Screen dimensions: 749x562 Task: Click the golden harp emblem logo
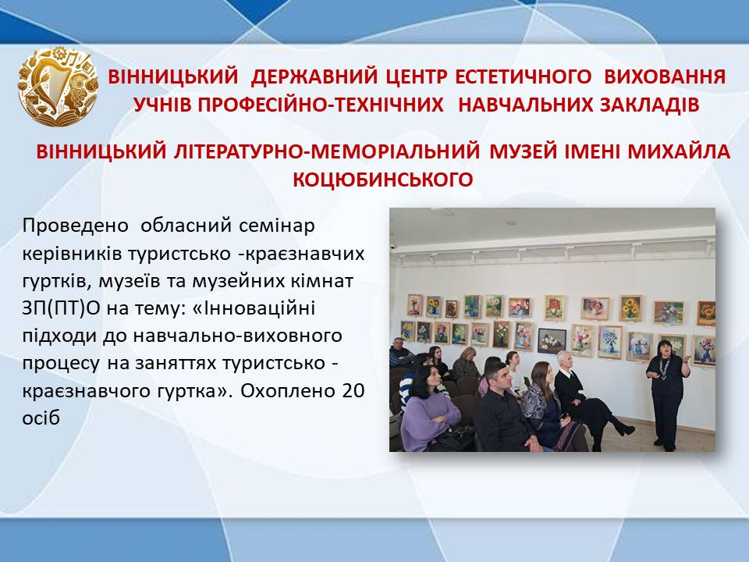tap(58, 86)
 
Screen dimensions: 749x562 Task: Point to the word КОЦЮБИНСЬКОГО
tap(382, 180)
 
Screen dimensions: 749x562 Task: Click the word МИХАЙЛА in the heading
tap(679, 151)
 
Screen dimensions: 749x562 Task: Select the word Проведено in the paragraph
tap(76, 225)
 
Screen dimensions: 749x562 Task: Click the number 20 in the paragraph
tap(353, 391)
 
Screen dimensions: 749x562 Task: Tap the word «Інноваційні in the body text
tap(254, 308)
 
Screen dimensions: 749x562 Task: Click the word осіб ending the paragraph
tap(41, 418)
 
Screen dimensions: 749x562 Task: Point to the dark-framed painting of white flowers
tap(552, 341)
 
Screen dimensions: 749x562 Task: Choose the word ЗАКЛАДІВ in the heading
tap(650, 105)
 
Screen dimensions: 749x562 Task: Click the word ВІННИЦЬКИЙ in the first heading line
tap(173, 77)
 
